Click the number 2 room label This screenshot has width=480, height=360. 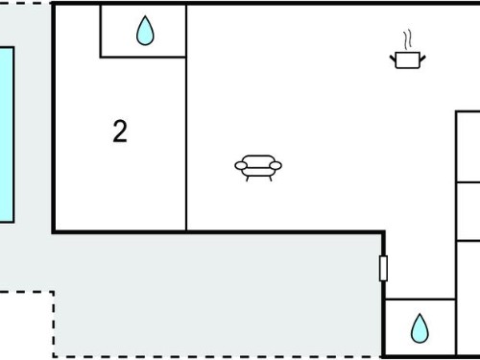pyautogui.click(x=120, y=131)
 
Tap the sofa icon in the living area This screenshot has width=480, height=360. pyautogui.click(x=258, y=168)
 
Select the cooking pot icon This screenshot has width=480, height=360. pyautogui.click(x=407, y=60)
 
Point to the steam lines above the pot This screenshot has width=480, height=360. pyautogui.click(x=407, y=40)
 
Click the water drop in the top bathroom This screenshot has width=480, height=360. pyautogui.click(x=145, y=31)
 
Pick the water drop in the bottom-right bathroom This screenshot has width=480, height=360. pyautogui.click(x=420, y=328)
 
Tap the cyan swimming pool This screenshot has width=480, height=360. pyautogui.click(x=7, y=134)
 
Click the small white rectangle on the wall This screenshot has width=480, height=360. pyautogui.click(x=383, y=268)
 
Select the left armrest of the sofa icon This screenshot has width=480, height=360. pyautogui.click(x=241, y=165)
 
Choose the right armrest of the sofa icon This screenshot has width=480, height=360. pyautogui.click(x=276, y=165)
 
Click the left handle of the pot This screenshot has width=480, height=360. pyautogui.click(x=393, y=59)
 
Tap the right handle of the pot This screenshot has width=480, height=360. pyautogui.click(x=422, y=59)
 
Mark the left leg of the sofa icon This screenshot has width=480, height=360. pyautogui.click(x=248, y=179)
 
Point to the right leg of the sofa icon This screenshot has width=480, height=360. pyautogui.click(x=271, y=179)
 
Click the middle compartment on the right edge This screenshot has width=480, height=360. pyautogui.click(x=468, y=211)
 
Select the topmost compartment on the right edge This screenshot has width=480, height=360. pyautogui.click(x=468, y=147)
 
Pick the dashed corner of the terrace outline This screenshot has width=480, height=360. pyautogui.click(x=54, y=292)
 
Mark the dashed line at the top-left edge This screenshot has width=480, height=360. pyautogui.click(x=25, y=3)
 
